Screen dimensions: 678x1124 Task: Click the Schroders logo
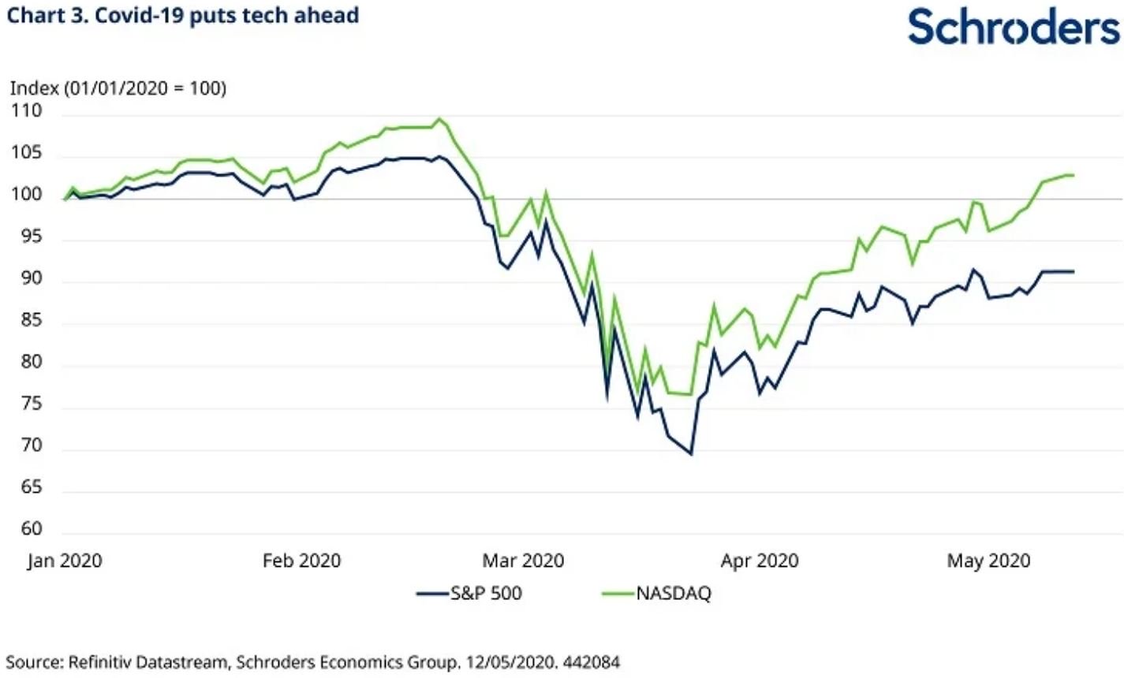point(1014,27)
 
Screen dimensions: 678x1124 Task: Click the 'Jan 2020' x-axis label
point(65,561)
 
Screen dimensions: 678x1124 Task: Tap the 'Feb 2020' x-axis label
point(301,561)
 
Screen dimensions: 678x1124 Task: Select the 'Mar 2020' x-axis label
point(523,561)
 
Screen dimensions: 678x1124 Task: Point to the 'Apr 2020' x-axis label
point(759,561)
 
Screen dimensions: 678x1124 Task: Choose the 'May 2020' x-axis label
point(988,561)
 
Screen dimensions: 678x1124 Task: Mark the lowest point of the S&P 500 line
point(692,454)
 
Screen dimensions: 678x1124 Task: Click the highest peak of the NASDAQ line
point(439,119)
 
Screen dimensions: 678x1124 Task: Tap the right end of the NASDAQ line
point(1074,175)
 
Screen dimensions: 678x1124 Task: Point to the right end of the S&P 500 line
point(1074,271)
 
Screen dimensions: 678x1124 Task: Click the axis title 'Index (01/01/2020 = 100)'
point(118,88)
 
